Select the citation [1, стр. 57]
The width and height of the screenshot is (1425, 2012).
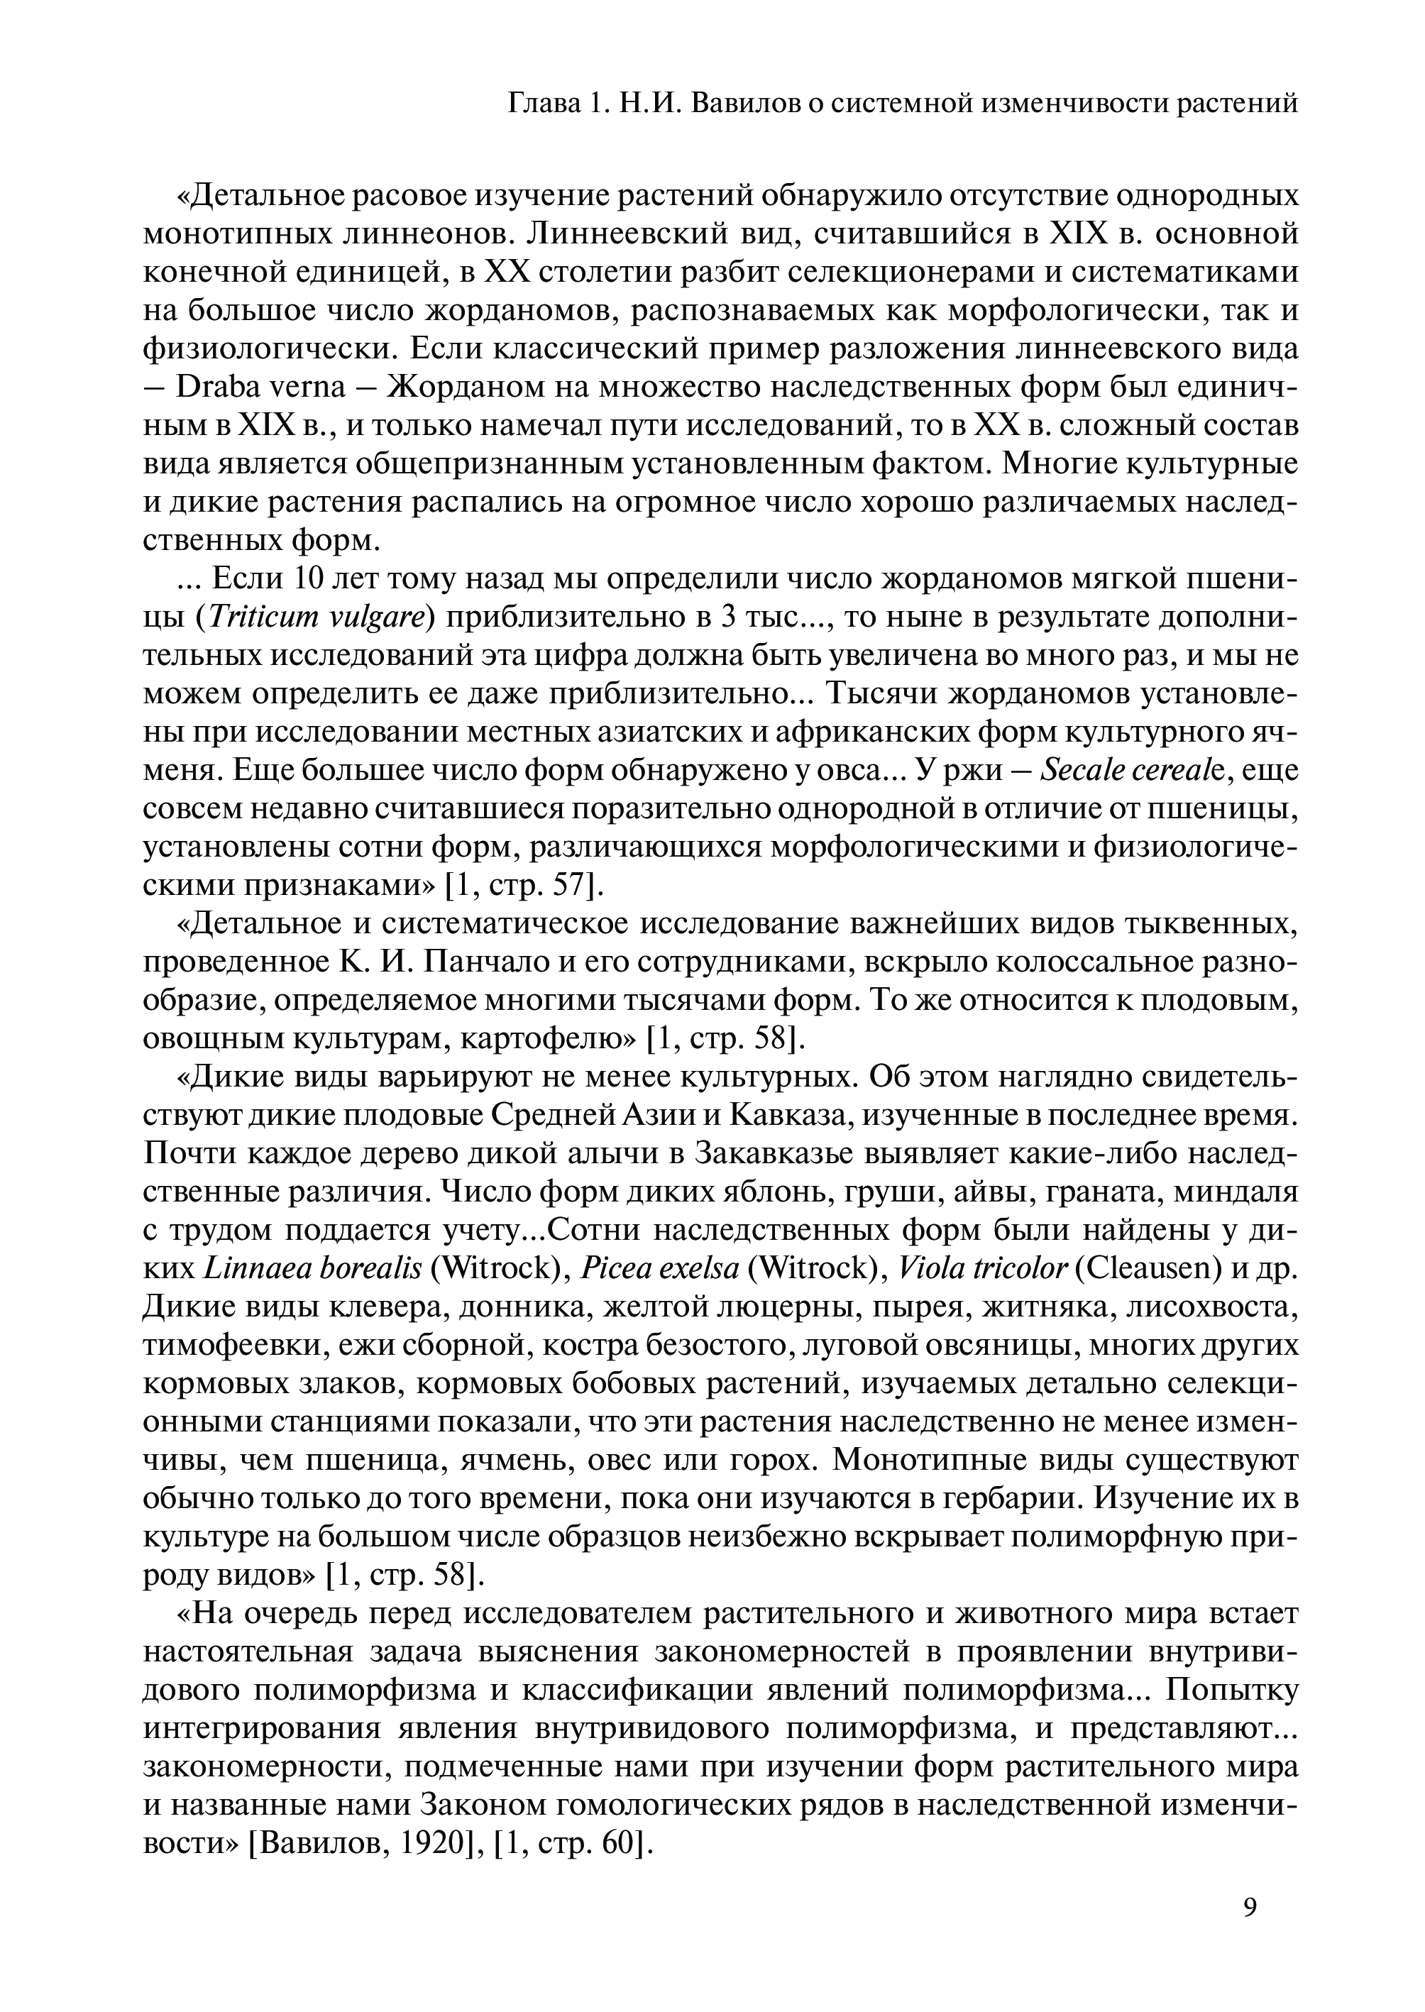tap(524, 886)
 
